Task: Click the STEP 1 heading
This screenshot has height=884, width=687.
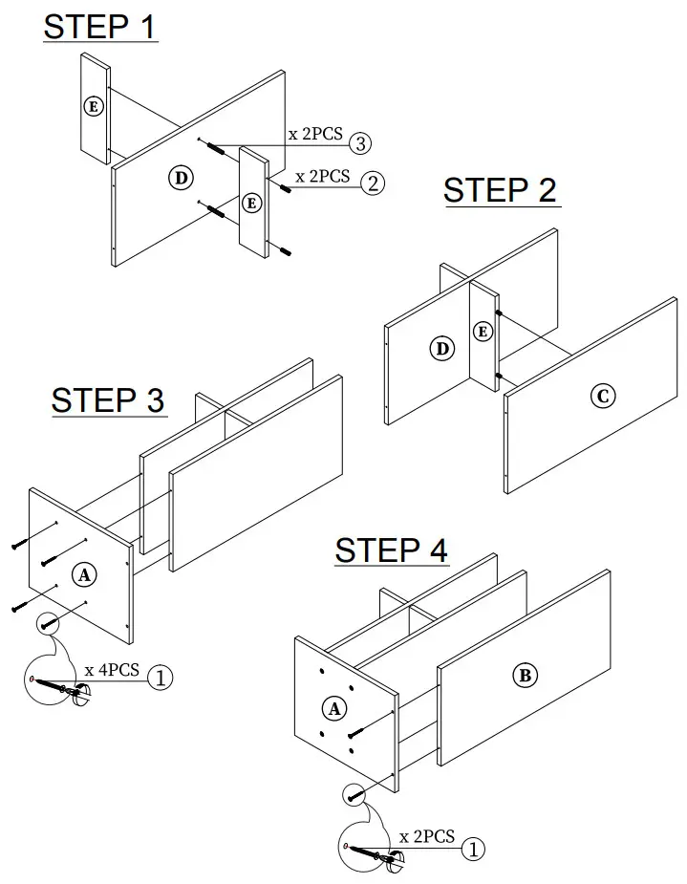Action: coord(99,27)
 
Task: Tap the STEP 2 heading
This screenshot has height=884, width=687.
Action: coord(500,190)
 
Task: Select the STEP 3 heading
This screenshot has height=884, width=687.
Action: coord(108,399)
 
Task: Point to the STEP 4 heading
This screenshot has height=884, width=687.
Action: coord(391,550)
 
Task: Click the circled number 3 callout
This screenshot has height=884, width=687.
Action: coord(359,143)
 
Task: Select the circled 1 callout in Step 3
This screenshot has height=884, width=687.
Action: coord(161,678)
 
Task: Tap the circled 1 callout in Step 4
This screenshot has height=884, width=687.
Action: coord(474,846)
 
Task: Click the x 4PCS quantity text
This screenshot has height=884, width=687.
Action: coord(112,669)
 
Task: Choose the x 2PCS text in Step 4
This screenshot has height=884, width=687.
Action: coord(426,836)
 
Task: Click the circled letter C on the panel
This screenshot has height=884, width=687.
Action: coord(602,396)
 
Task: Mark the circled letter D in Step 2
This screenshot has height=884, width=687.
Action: coord(442,349)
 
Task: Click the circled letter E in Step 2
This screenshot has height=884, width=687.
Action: coord(483,332)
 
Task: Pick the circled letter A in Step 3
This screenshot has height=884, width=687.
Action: coord(84,574)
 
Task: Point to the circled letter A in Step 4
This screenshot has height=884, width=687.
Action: coord(334,708)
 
